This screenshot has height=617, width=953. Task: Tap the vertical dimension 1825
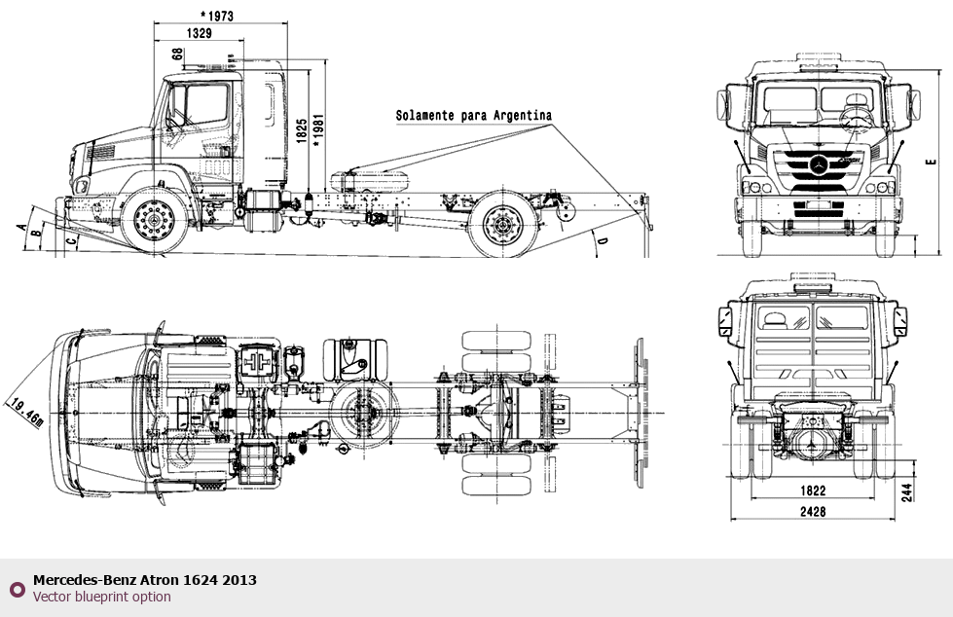(x=303, y=130)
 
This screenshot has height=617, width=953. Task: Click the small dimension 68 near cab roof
(x=177, y=54)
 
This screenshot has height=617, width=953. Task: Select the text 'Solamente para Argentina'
(x=473, y=115)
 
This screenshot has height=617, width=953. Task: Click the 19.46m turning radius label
(x=23, y=411)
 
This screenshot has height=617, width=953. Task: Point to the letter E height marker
(x=930, y=162)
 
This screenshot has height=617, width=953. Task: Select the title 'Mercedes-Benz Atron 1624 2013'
(x=145, y=580)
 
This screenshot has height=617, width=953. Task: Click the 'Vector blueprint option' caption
(x=101, y=597)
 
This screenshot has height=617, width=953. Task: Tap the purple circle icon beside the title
(x=17, y=589)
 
